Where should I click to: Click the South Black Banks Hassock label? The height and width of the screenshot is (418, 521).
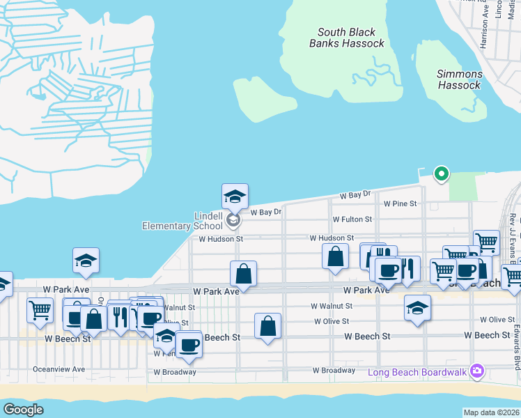click(x=347, y=38)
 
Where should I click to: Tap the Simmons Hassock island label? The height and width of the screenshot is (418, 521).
click(x=459, y=79)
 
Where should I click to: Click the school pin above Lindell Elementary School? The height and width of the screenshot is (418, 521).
click(x=235, y=197)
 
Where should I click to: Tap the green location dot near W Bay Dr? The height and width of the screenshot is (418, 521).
click(x=440, y=174)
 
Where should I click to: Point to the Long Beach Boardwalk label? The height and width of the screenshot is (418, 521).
click(x=418, y=371)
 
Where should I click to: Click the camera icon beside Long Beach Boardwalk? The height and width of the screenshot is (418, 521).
click(x=477, y=370)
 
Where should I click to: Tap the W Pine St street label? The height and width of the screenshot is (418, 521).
click(x=400, y=204)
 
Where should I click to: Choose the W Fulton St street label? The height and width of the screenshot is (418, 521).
click(x=352, y=219)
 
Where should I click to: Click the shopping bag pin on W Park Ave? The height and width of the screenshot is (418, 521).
click(x=243, y=273)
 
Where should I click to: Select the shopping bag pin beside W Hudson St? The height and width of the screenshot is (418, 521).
click(x=335, y=256)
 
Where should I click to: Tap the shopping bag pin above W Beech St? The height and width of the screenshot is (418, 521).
click(x=268, y=326)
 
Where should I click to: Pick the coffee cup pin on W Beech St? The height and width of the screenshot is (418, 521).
click(x=188, y=344)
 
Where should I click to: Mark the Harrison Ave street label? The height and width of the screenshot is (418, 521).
click(x=484, y=28)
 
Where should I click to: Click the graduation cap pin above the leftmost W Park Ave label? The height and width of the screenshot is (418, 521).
click(x=86, y=261)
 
